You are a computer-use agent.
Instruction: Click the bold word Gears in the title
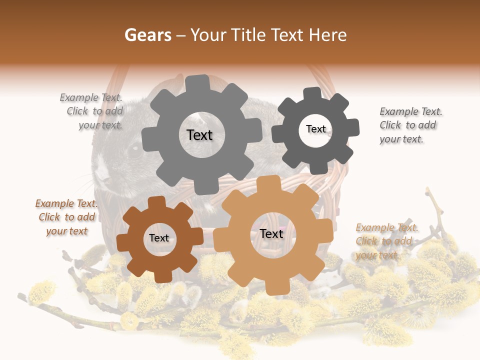coord(148,35)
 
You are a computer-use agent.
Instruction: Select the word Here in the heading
coord(327,35)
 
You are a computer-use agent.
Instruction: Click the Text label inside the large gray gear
coord(199,135)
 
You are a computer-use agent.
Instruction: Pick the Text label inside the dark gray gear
coord(315,129)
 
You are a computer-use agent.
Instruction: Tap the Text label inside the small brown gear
coord(159,238)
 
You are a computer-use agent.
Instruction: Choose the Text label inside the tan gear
coord(271,234)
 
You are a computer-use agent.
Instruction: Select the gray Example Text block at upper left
coord(93,111)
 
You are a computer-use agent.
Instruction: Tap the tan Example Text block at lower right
coord(386,241)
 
